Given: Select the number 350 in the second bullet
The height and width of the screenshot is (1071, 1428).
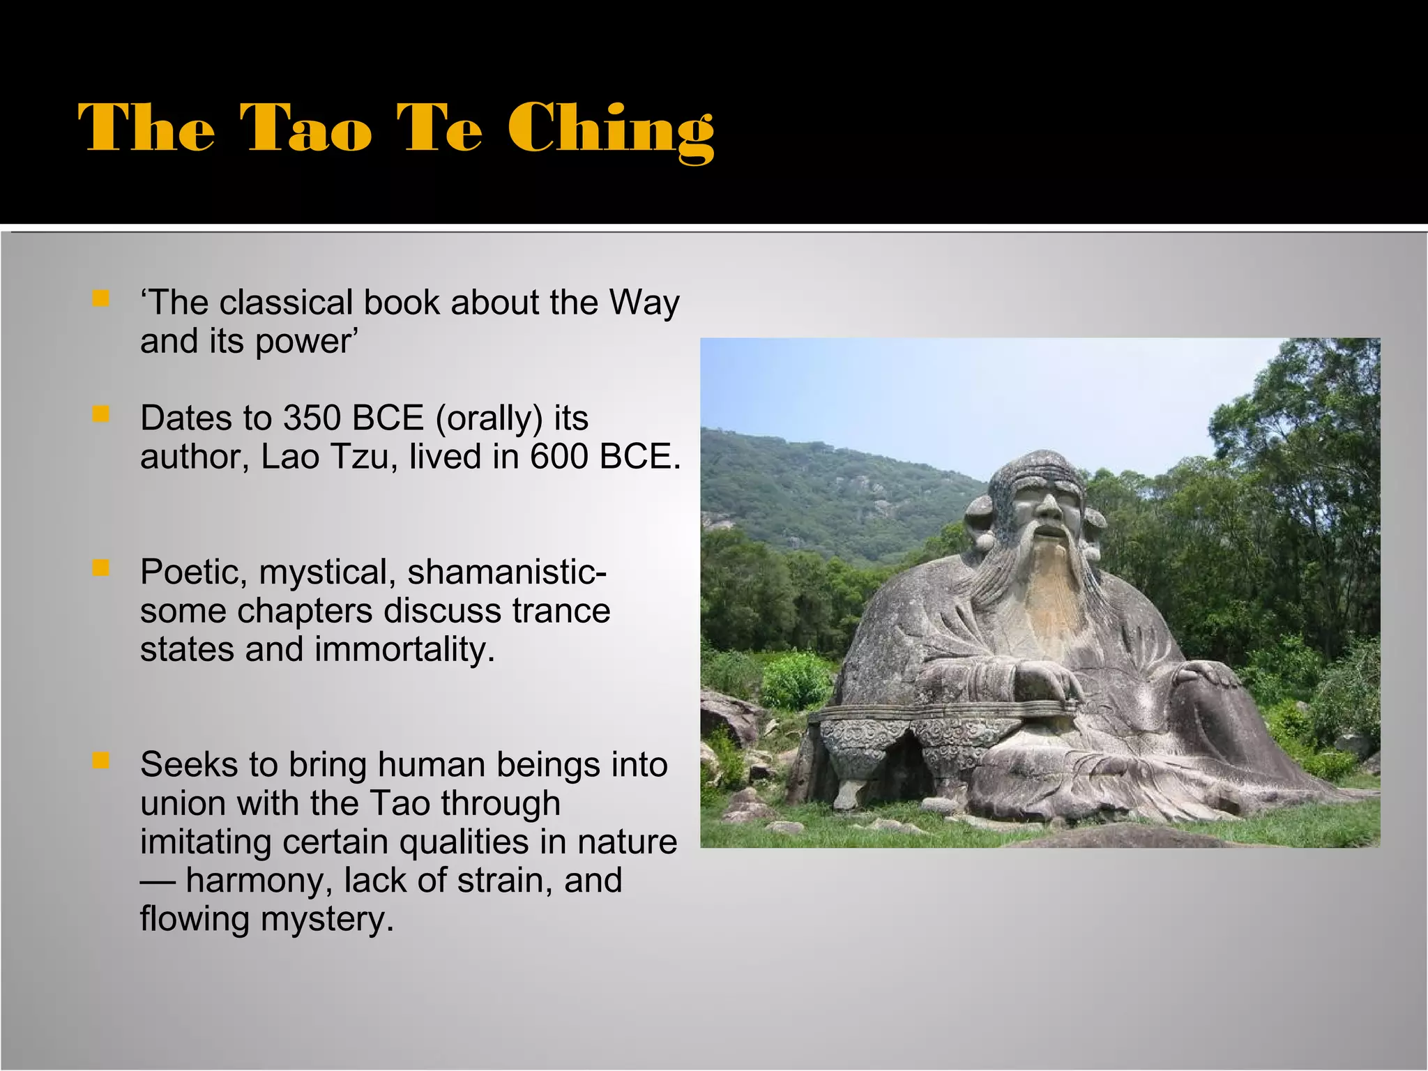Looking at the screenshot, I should (312, 418).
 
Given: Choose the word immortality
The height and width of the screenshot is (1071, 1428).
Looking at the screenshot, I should (404, 650).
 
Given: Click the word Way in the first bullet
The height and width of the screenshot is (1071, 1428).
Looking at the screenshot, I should (644, 303).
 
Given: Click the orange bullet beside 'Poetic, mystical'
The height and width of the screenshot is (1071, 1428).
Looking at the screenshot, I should (101, 568).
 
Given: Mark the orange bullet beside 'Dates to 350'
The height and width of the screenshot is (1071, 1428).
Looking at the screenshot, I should (101, 415).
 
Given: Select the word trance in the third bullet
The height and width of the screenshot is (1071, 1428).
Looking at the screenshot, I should (561, 612).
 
